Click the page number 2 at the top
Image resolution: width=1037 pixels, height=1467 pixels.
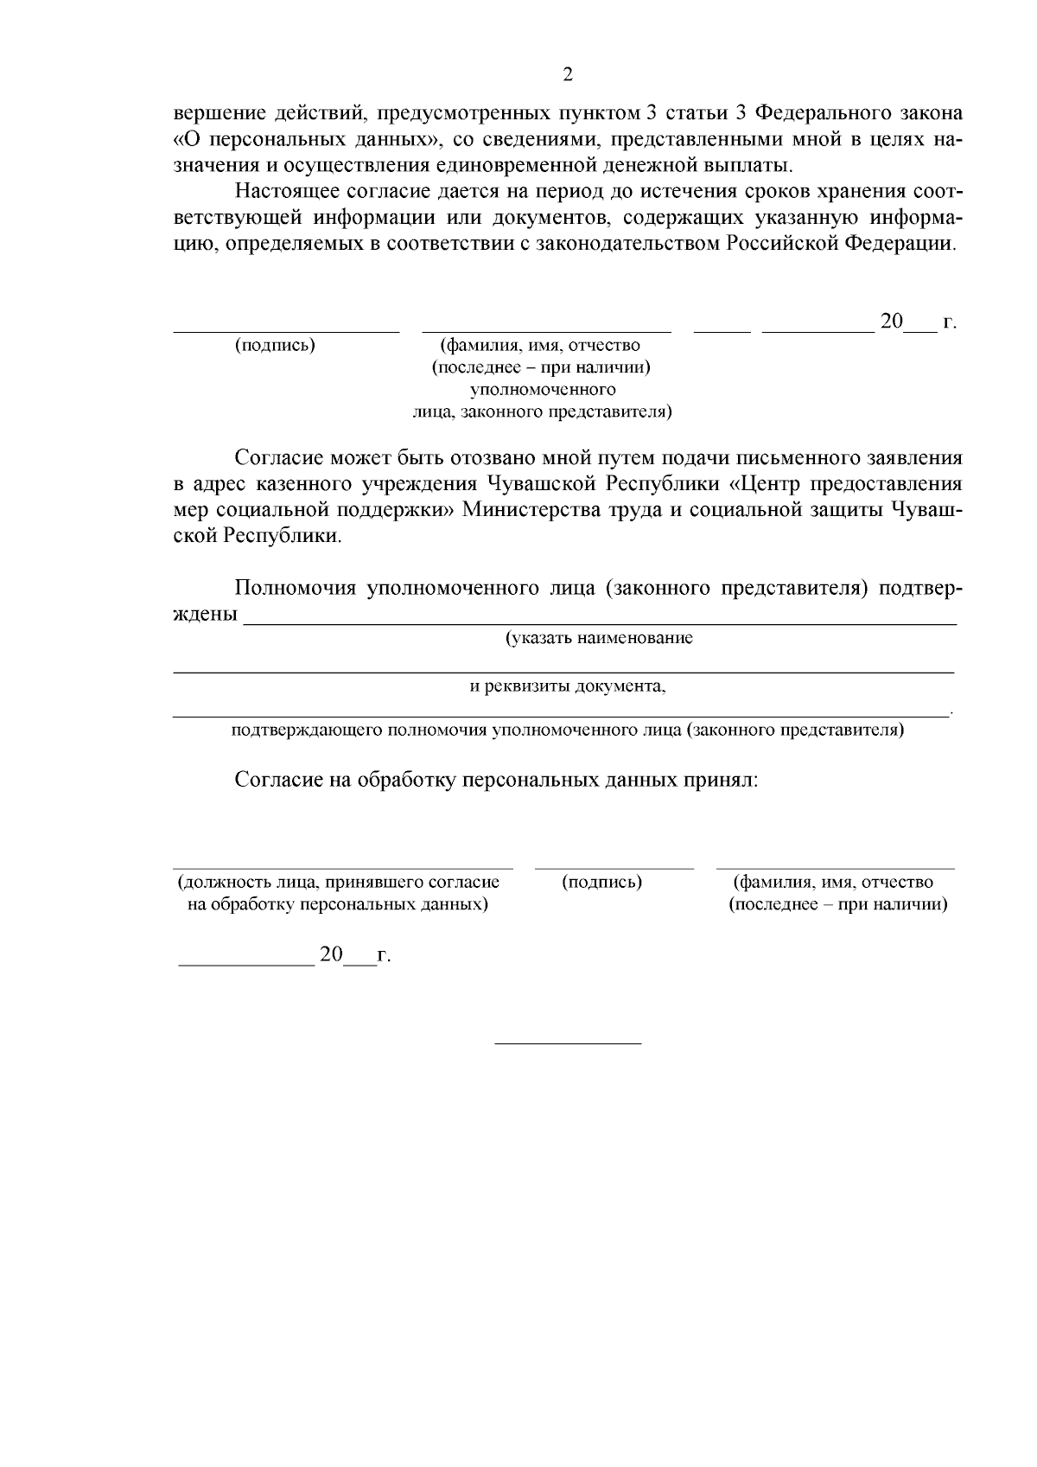(x=568, y=74)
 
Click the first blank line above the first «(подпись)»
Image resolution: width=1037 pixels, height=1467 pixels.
(x=286, y=329)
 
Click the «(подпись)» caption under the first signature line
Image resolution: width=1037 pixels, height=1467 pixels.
(x=275, y=346)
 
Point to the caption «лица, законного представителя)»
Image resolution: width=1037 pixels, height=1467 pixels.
(x=542, y=411)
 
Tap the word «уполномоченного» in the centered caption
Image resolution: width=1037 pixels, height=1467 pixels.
(x=542, y=390)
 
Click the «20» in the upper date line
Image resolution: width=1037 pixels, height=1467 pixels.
(x=891, y=322)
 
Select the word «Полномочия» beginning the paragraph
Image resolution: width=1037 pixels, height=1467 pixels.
(x=296, y=589)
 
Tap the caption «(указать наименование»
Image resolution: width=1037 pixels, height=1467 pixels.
(x=599, y=639)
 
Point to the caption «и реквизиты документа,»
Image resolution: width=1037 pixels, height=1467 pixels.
(x=568, y=686)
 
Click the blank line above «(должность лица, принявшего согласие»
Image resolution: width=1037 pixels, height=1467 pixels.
(x=342, y=866)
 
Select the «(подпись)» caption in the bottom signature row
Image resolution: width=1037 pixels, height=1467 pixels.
(x=601, y=883)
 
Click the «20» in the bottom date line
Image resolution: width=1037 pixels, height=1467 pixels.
(x=332, y=955)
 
